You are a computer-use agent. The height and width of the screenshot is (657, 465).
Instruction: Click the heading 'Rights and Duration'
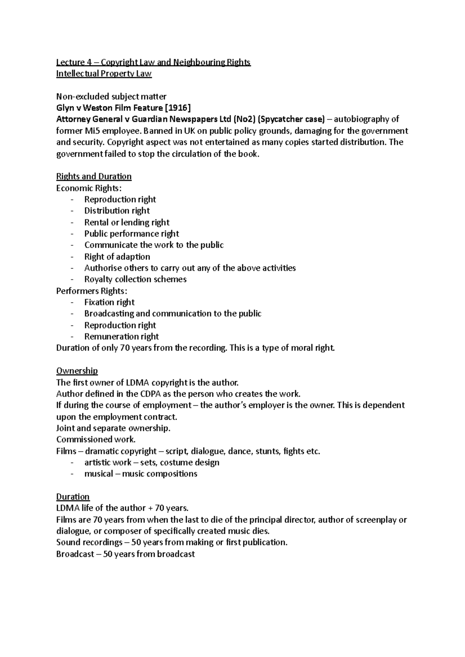pyautogui.click(x=94, y=176)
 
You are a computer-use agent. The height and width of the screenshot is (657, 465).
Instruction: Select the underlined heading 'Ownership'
pyautogui.click(x=77, y=371)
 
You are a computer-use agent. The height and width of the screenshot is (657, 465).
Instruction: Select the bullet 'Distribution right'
pyautogui.click(x=117, y=211)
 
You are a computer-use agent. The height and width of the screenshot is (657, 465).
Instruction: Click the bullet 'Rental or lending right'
pyautogui.click(x=127, y=222)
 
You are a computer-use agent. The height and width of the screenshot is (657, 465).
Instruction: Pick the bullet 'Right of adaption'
pyautogui.click(x=117, y=257)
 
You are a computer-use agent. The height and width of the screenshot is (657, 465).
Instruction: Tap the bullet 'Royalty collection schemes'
pyautogui.click(x=135, y=279)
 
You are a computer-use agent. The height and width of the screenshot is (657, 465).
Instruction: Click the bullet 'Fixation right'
pyautogui.click(x=109, y=302)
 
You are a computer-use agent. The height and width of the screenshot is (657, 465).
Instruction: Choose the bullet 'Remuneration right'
pyautogui.click(x=121, y=337)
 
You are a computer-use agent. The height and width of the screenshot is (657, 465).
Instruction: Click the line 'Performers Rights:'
pyautogui.click(x=91, y=291)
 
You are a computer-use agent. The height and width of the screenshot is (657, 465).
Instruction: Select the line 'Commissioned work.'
pyautogui.click(x=96, y=440)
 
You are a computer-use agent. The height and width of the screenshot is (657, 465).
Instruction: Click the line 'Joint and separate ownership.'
pyautogui.click(x=113, y=428)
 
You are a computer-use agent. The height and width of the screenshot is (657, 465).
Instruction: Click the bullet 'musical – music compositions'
pyautogui.click(x=141, y=474)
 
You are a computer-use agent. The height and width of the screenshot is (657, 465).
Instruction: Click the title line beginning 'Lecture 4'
pyautogui.click(x=153, y=62)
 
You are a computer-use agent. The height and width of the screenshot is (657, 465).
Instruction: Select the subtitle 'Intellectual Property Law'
pyautogui.click(x=104, y=74)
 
